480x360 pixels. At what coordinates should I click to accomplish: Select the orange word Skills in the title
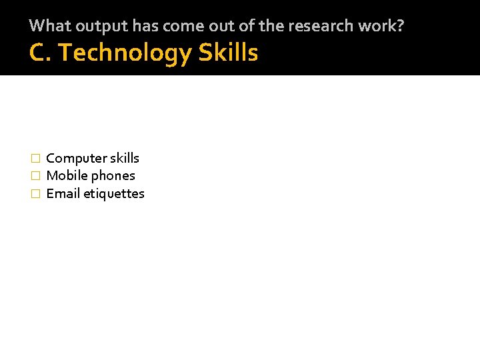tap(228, 53)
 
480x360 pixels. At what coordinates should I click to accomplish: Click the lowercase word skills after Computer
tap(125, 158)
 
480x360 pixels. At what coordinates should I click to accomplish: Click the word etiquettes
tap(114, 194)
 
